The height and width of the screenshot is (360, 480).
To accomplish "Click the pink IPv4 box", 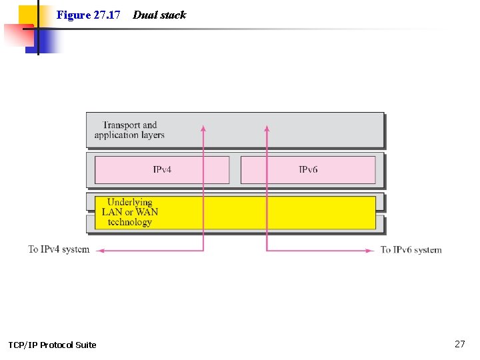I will pyautogui.click(x=162, y=169).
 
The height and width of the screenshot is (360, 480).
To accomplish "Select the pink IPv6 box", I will pyautogui.click(x=308, y=169).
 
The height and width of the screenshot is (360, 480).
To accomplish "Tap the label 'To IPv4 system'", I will pyautogui.click(x=59, y=249).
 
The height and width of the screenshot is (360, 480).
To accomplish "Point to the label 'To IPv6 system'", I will pyautogui.click(x=411, y=250).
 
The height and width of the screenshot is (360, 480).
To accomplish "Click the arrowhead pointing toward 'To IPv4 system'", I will pyautogui.click(x=101, y=250).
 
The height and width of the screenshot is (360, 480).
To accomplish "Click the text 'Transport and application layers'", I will pyautogui.click(x=129, y=130).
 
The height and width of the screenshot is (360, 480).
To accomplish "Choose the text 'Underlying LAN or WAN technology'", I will pyautogui.click(x=130, y=212).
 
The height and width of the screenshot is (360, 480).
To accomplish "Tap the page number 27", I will pyautogui.click(x=459, y=344).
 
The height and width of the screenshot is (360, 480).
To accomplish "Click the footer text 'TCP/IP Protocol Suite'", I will pyautogui.click(x=52, y=345).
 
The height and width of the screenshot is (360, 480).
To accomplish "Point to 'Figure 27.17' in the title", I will pyautogui.click(x=88, y=15).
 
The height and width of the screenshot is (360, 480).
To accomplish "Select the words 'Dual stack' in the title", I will pyautogui.click(x=159, y=15).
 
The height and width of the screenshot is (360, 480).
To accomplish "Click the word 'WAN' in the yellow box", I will pyautogui.click(x=147, y=212).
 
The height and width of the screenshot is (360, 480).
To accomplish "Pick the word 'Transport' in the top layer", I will pyautogui.click(x=121, y=125).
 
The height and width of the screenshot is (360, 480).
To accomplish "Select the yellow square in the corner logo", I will pyautogui.click(x=28, y=15).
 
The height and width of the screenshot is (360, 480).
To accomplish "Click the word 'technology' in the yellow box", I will pyautogui.click(x=130, y=222).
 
